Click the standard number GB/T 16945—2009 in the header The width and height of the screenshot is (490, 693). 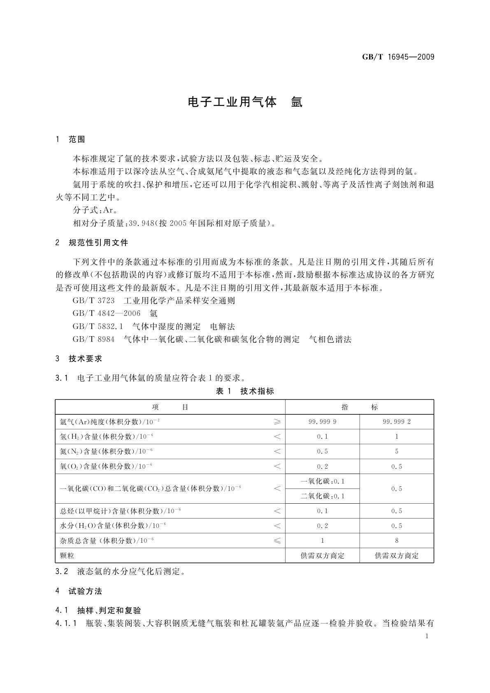(x=398, y=57)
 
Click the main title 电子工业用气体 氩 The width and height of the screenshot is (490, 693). (x=245, y=102)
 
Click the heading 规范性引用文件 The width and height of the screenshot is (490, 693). (x=99, y=242)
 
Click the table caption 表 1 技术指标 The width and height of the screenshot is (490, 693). (x=245, y=391)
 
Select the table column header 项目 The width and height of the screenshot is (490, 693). (x=170, y=407)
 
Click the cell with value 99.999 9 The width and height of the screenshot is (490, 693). (x=322, y=422)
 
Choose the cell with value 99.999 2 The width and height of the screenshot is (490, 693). (x=397, y=422)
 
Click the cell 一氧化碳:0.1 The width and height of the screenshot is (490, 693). (x=322, y=481)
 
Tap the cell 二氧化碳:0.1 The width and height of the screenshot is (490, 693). (x=322, y=496)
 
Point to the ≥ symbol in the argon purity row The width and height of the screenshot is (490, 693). (x=277, y=422)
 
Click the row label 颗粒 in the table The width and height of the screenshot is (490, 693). (x=67, y=556)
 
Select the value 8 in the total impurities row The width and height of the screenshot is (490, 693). (x=397, y=541)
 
